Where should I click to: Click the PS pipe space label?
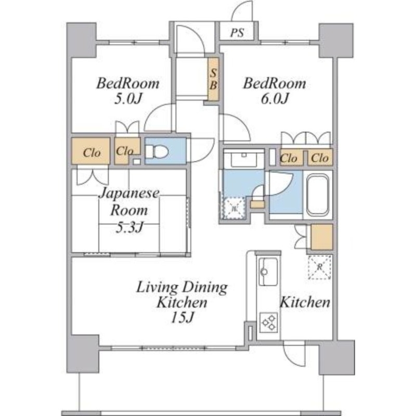[x=237, y=33]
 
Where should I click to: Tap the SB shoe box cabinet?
[x=213, y=79]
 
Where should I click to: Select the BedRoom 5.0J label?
[x=128, y=90]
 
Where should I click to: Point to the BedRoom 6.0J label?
[x=275, y=90]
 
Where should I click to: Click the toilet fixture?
[x=157, y=152]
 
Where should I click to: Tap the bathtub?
[x=318, y=196]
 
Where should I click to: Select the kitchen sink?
[x=268, y=271]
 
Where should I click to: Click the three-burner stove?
[x=268, y=322]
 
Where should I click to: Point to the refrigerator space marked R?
[x=320, y=267]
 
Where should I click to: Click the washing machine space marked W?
[x=234, y=209]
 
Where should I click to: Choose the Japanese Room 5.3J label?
[x=129, y=210]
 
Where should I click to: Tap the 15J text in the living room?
[x=183, y=317]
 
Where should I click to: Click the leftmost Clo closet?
[x=90, y=151]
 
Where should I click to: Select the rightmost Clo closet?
[x=320, y=158]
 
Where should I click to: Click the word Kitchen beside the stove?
[x=305, y=302]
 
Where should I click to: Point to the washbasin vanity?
[x=244, y=159]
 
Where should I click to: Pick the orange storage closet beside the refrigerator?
[x=321, y=237]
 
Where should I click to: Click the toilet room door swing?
[x=200, y=150]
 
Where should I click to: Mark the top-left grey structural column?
[x=81, y=40]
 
